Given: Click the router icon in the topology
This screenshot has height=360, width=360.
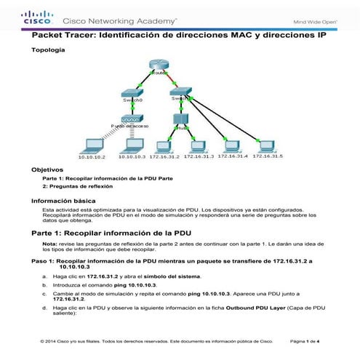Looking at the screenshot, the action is tap(159, 66).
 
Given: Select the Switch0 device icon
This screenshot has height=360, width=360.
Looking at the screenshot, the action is tap(131, 97).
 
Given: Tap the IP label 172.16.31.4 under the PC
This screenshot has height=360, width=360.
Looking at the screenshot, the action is tap(233, 156).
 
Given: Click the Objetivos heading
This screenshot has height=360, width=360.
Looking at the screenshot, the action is tap(47, 169).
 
